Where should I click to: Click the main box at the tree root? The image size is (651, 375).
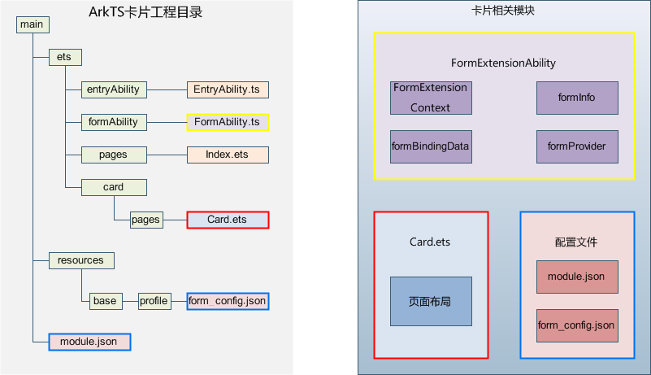pyautogui.click(x=33, y=24)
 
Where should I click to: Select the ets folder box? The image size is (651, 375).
pyautogui.click(x=65, y=58)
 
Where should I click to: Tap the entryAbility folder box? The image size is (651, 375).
pyautogui.click(x=114, y=89)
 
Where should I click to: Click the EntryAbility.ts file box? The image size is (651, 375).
pyautogui.click(x=228, y=89)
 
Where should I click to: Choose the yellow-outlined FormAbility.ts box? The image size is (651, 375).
pyautogui.click(x=228, y=122)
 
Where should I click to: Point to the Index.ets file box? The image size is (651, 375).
pyautogui.click(x=228, y=155)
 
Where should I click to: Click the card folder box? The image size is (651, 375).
pyautogui.click(x=114, y=187)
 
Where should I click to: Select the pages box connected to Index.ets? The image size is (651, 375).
pyautogui.click(x=114, y=155)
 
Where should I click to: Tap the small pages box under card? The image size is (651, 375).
pyautogui.click(x=146, y=220)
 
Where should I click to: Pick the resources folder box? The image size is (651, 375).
pyautogui.click(x=81, y=260)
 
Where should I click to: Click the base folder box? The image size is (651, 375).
pyautogui.click(x=106, y=301)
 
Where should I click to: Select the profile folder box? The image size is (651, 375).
pyautogui.click(x=155, y=301)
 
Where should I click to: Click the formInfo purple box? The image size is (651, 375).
pyautogui.click(x=577, y=98)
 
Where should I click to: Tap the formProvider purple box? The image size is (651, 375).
pyautogui.click(x=577, y=146)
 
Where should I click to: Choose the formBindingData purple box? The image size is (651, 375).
pyautogui.click(x=431, y=146)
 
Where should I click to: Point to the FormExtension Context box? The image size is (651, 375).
pyautogui.click(x=431, y=98)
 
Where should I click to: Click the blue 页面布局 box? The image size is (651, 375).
pyautogui.click(x=431, y=302)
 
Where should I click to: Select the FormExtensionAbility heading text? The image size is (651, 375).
pyautogui.click(x=503, y=63)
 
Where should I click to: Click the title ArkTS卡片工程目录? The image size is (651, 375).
pyautogui.click(x=145, y=12)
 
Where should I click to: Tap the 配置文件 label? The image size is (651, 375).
pyautogui.click(x=576, y=242)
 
